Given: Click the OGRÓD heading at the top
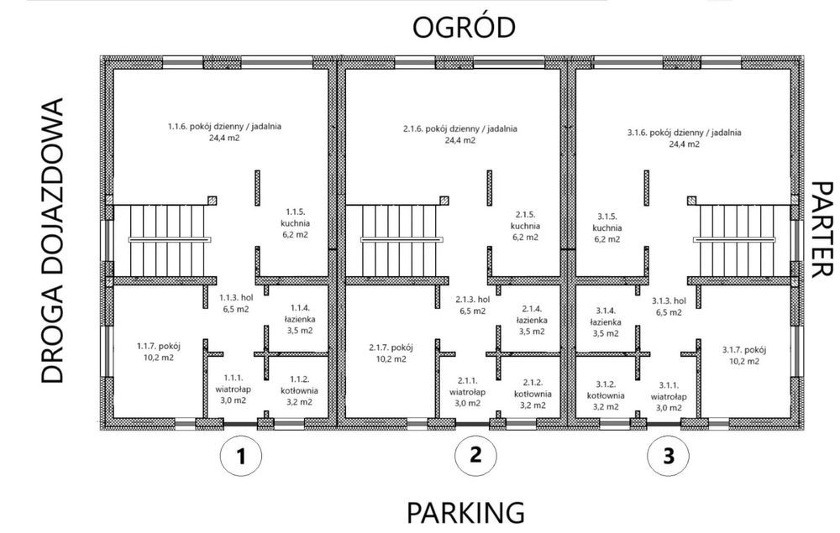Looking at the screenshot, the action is click(x=464, y=27).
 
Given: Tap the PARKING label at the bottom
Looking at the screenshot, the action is click(x=465, y=512).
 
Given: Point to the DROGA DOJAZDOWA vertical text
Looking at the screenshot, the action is click(x=52, y=240).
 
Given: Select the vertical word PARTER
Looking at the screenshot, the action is click(x=822, y=230).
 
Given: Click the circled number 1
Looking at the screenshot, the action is click(x=241, y=457).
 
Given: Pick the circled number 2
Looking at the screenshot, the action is click(x=475, y=456).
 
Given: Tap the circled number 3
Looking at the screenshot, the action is click(x=668, y=457).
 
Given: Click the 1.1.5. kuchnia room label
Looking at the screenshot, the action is click(x=295, y=222).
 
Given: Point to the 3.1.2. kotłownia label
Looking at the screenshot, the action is click(x=606, y=395).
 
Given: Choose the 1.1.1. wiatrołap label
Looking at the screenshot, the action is click(x=233, y=389).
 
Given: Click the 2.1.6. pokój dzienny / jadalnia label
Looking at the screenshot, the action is click(x=459, y=134).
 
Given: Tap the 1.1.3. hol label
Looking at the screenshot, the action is click(x=236, y=303).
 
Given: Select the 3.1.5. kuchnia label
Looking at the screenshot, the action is click(x=607, y=228).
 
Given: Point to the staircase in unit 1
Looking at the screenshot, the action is click(x=160, y=241).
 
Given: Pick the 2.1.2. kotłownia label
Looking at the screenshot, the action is click(x=533, y=394).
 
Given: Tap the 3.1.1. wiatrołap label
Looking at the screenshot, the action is click(x=669, y=396).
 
